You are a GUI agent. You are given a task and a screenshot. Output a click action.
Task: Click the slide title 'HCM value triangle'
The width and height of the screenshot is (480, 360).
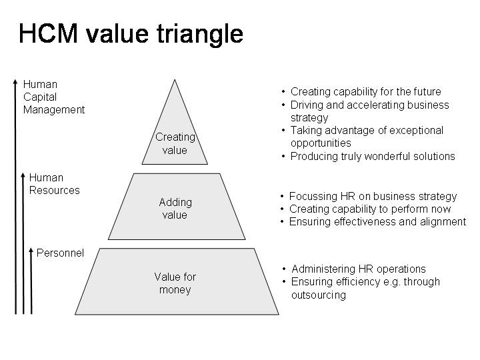point(131,34)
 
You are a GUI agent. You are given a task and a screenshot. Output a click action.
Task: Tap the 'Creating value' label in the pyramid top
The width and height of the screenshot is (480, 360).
point(175,143)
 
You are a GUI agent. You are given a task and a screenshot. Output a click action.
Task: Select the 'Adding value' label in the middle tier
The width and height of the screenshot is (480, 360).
point(175,208)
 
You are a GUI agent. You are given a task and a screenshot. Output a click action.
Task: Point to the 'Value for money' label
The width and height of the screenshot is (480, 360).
point(175,283)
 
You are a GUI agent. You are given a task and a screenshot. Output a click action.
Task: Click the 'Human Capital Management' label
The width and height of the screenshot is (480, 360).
point(53,97)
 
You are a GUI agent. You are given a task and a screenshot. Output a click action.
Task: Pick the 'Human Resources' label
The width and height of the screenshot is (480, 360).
point(54,183)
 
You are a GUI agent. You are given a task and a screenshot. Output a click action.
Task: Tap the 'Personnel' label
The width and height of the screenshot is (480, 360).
point(60,253)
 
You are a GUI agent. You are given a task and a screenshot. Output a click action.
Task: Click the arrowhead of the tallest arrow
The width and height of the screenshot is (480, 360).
point(15,83)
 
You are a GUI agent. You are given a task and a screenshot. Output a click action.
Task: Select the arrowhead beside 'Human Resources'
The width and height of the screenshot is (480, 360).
point(23,176)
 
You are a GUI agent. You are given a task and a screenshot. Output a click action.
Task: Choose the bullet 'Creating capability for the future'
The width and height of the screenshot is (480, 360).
point(365,91)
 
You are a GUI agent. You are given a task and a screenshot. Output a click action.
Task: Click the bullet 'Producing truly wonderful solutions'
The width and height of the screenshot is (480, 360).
point(372,156)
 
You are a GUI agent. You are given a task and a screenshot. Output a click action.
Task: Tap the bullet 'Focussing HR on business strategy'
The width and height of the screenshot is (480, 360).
point(373,196)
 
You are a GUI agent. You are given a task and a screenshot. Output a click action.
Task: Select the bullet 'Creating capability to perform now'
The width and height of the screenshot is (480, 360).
point(369,209)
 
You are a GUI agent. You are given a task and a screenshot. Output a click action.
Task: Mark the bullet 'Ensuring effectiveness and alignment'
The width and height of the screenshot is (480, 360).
point(377,221)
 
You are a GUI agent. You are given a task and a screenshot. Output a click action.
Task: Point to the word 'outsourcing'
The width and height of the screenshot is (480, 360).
point(318,295)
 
